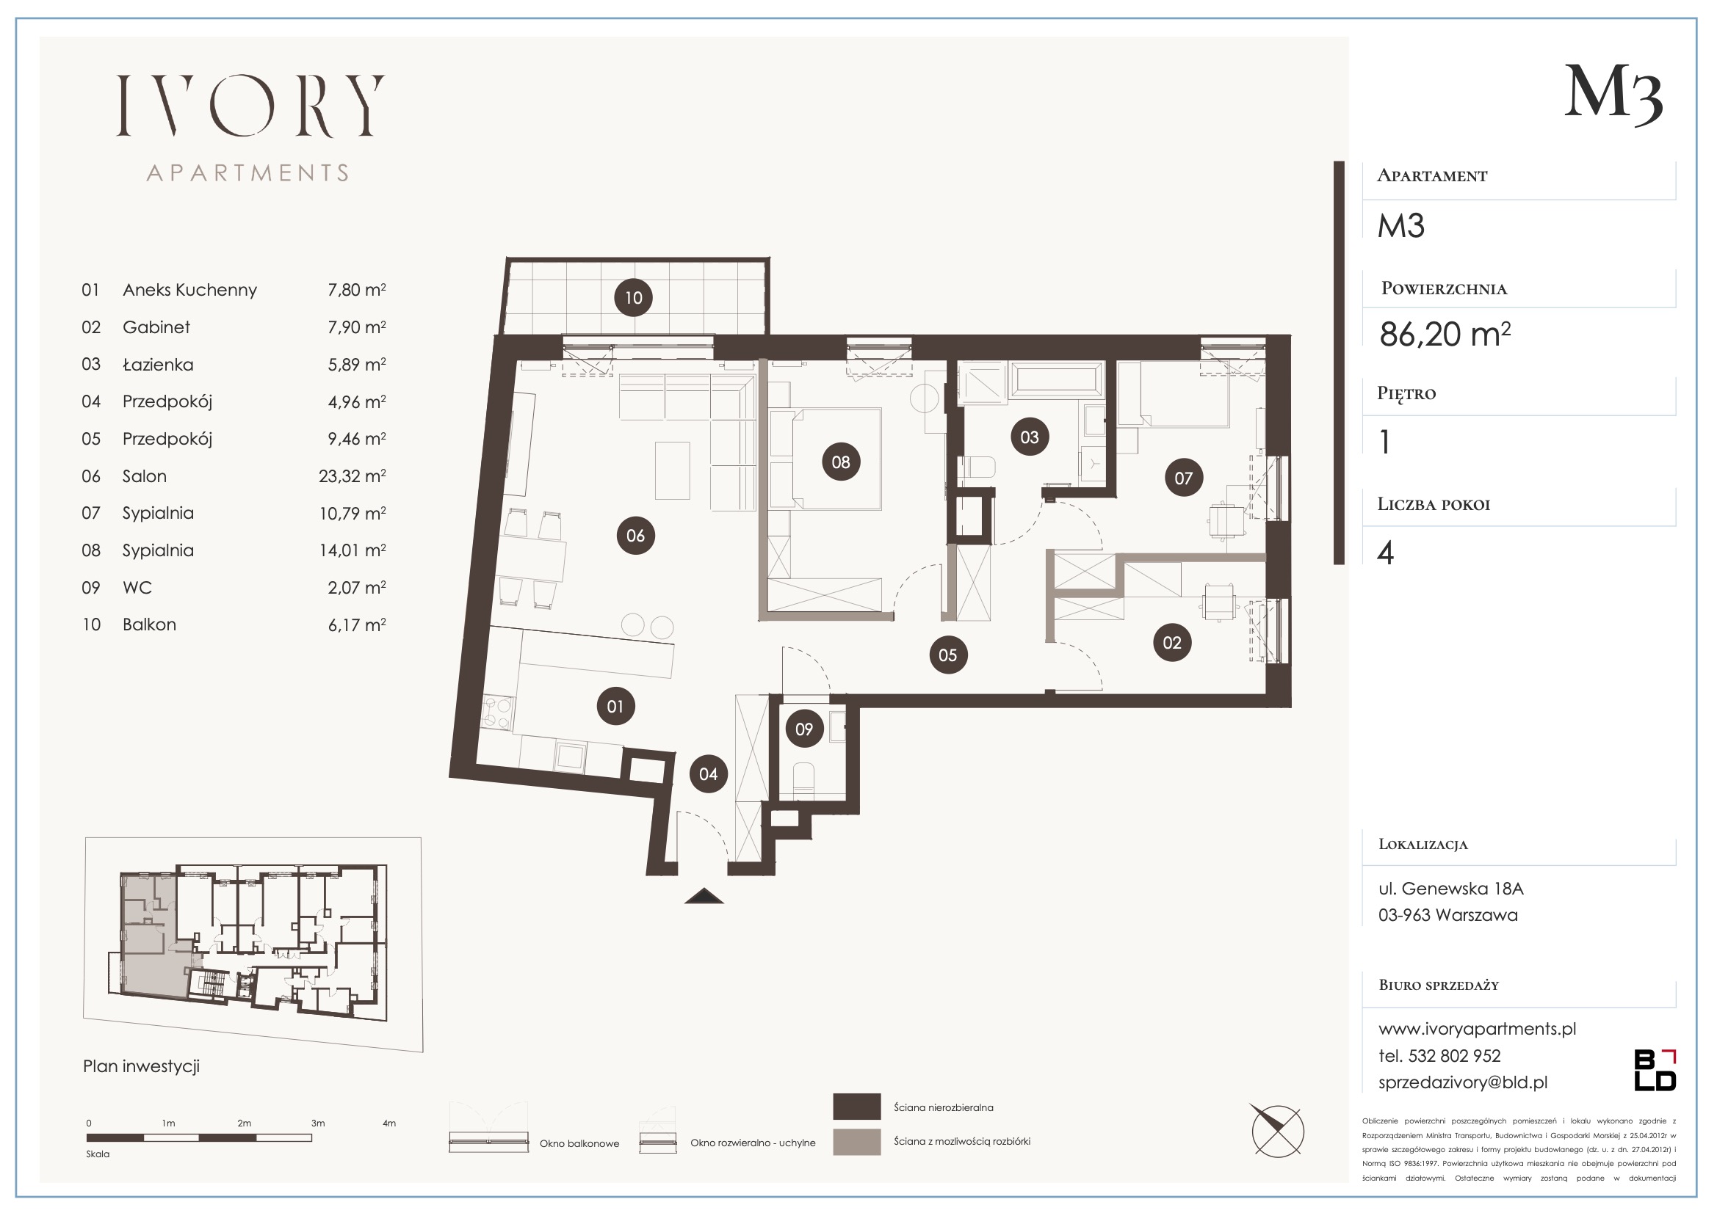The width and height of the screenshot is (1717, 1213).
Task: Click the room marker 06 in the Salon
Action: point(636,535)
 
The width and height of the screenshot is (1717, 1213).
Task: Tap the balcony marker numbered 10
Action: point(633,297)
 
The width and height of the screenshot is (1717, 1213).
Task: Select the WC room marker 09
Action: point(804,729)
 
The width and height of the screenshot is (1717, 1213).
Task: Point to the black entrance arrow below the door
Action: point(704,896)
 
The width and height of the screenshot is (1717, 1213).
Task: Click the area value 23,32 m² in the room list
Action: point(353,476)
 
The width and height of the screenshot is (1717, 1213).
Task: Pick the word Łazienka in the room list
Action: point(158,365)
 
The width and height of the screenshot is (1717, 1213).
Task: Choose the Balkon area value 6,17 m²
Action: point(357,624)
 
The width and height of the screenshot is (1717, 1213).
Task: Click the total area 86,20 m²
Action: point(1445,334)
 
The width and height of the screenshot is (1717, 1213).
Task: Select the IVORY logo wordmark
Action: point(250,106)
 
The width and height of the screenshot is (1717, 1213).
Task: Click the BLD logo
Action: point(1655,1070)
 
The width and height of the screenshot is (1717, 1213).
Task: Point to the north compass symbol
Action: point(1278,1131)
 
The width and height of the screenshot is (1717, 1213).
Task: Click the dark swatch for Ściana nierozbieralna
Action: point(856,1107)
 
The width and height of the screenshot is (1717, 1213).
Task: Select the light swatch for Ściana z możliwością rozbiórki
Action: point(856,1142)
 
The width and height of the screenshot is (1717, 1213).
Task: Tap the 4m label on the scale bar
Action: point(389,1123)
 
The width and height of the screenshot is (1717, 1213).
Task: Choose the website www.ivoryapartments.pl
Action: point(1477,1029)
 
